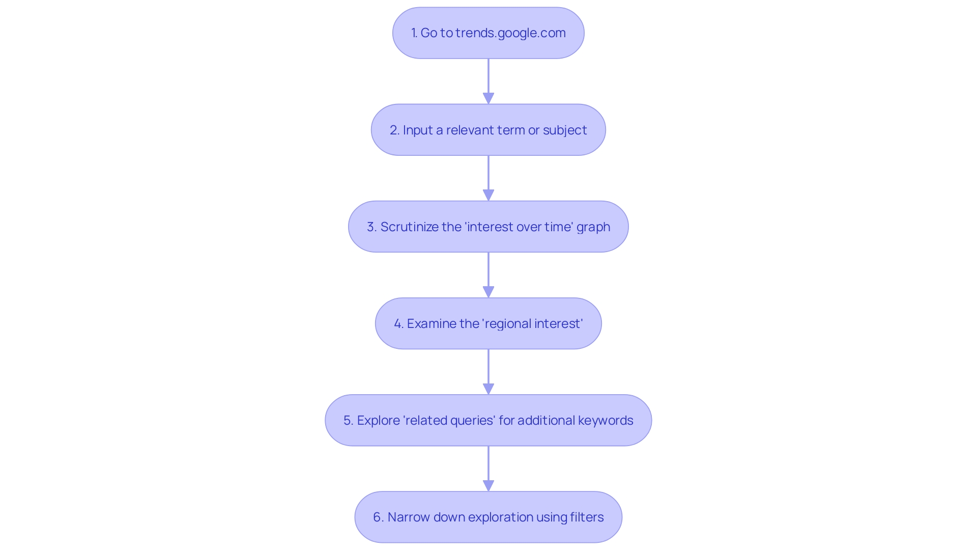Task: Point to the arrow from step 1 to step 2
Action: point(489,81)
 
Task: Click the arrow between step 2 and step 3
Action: point(489,178)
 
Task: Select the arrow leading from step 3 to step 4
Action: point(489,275)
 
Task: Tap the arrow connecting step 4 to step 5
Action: point(489,372)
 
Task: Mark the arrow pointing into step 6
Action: point(489,469)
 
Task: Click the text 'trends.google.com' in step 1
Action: point(510,33)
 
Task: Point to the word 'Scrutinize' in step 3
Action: point(409,227)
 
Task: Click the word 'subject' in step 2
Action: point(565,130)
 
